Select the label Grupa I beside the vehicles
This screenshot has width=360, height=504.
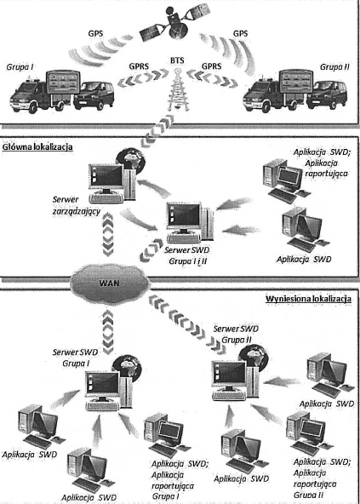20,67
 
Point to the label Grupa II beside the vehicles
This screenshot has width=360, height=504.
334,67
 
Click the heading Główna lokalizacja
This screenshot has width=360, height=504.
37,147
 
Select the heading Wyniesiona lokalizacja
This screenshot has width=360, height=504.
308,299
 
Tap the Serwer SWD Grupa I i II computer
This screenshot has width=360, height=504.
191,222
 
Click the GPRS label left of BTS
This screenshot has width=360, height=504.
139,66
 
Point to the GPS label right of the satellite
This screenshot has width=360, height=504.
241,33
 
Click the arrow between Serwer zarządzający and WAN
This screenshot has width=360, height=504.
107,234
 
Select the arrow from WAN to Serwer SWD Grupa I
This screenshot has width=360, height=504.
108,330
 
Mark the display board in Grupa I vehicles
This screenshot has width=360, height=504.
62,83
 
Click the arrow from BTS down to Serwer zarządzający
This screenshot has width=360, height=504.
157,131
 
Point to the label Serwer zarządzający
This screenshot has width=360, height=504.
77,206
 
